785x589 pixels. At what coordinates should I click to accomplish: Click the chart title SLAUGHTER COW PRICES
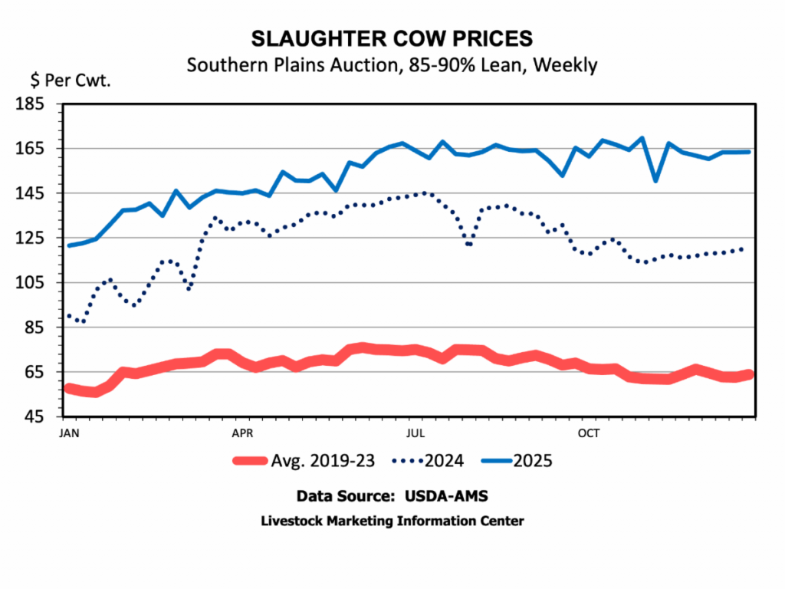tap(392, 39)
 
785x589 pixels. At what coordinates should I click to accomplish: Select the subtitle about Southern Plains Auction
tap(392, 64)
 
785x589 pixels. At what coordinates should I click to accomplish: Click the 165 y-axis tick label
tap(41, 148)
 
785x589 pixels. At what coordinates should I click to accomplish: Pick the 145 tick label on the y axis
tap(41, 193)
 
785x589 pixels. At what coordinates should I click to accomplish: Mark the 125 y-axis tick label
tap(41, 238)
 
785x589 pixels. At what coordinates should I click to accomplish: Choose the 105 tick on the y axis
tap(41, 283)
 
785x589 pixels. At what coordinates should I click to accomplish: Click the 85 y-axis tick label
tap(44, 327)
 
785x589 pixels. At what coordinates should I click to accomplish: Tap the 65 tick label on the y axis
tap(44, 372)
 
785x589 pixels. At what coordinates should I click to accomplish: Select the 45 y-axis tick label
tap(44, 417)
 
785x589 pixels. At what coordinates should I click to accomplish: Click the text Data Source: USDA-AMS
tap(392, 495)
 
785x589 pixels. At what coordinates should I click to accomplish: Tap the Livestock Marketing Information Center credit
tap(392, 521)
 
